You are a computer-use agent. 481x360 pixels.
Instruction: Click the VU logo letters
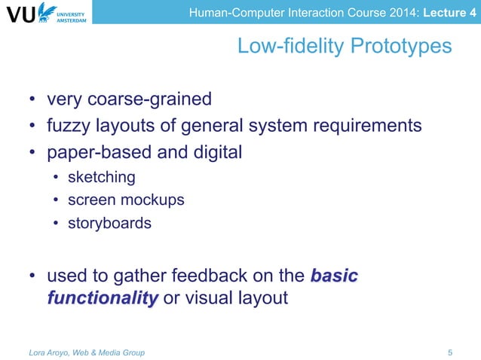[22, 15]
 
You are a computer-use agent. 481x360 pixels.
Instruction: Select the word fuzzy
[69, 125]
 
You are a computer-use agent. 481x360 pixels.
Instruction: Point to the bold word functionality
[103, 298]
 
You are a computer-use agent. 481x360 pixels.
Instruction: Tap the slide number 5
[450, 352]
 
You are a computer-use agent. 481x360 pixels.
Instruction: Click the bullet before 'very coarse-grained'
[32, 100]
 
